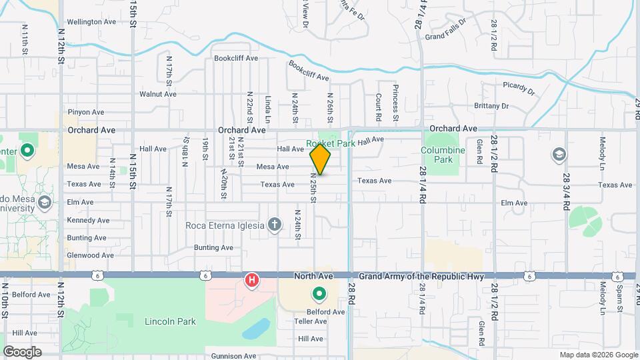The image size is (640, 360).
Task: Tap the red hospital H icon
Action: pos(252,281)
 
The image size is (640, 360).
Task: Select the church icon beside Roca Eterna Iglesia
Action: pos(275,225)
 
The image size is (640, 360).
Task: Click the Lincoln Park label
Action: pos(170,321)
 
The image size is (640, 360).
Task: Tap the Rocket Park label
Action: pos(331,143)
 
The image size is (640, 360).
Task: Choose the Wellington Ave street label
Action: pos(91,21)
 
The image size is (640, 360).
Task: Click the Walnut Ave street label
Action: pos(157,94)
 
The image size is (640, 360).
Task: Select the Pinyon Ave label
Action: pos(86,112)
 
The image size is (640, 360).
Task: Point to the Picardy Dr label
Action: pos(519,89)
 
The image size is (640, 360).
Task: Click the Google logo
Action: pos(22,351)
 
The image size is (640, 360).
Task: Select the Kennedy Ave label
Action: pos(88,220)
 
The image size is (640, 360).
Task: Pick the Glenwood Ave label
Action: pos(90,255)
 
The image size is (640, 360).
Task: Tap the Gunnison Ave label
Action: pos(235,356)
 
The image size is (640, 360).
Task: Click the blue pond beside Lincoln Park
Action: pos(256,329)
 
